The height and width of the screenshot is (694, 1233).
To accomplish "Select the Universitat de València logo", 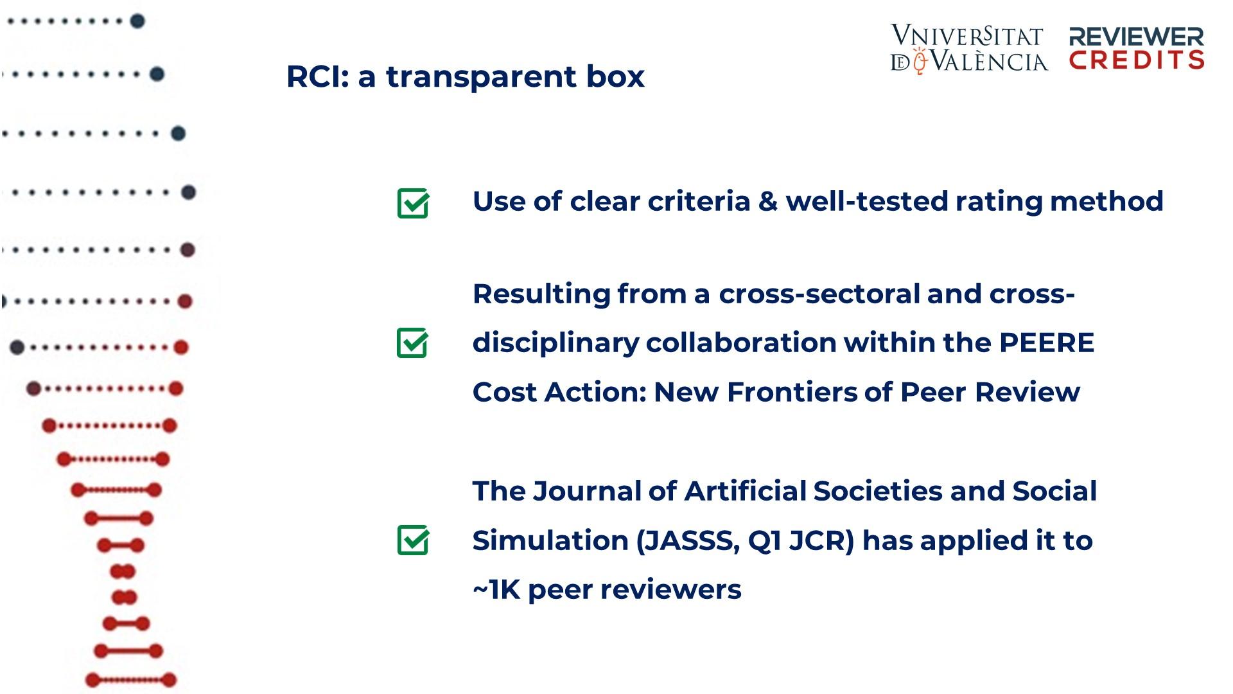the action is (968, 49).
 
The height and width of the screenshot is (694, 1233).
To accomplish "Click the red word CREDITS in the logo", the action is (1137, 60).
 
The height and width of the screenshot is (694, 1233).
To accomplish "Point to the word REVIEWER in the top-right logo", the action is (1136, 37).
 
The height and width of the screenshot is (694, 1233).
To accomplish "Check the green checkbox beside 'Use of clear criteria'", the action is (413, 203).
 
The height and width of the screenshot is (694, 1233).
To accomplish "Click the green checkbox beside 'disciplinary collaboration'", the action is (412, 343).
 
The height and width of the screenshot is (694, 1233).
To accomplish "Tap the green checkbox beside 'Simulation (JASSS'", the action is (413, 540).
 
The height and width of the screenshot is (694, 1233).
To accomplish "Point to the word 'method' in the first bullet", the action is (1106, 201).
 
